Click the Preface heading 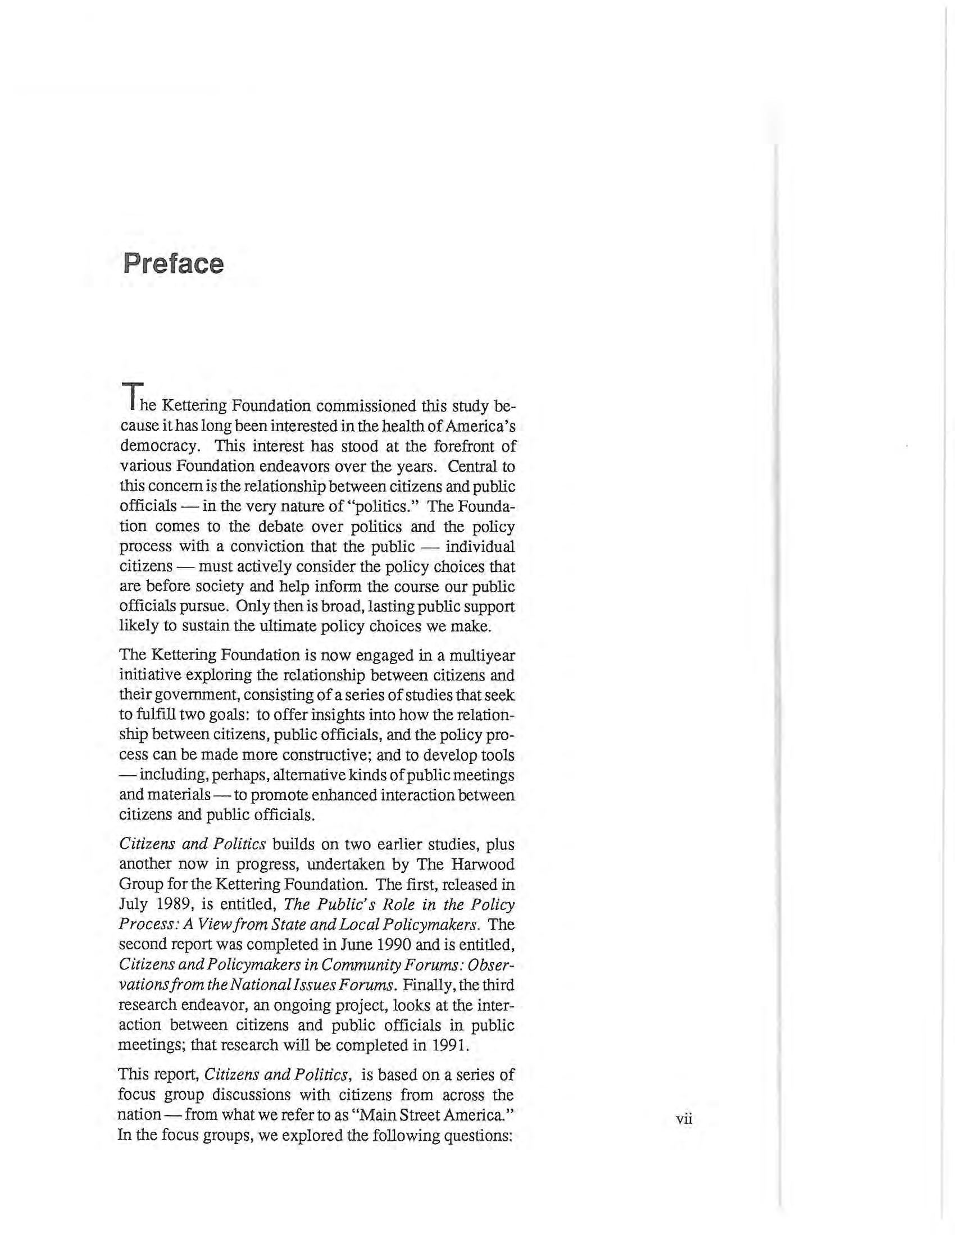click(x=173, y=263)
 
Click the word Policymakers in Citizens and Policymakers click(x=235, y=964)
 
